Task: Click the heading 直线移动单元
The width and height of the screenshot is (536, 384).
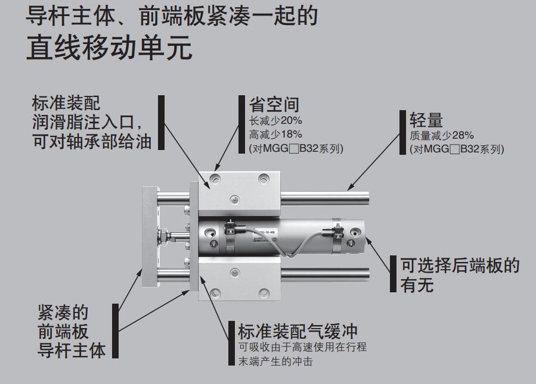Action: click(109, 48)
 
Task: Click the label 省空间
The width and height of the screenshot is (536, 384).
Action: click(274, 104)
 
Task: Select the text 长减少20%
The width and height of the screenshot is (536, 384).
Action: click(275, 120)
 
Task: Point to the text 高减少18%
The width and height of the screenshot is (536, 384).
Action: click(275, 135)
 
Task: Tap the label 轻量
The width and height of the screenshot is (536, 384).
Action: click(426, 120)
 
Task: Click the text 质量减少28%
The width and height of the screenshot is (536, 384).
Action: click(442, 136)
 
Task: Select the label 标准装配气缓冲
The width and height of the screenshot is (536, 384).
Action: click(298, 331)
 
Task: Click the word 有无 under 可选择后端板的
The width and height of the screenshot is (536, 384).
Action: click(417, 285)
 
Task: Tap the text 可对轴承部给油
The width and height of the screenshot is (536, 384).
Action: click(92, 141)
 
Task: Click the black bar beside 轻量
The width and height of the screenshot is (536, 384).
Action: click(402, 132)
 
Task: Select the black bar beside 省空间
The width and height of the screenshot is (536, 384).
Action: click(241, 124)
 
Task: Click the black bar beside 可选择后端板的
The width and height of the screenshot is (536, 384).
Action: click(393, 274)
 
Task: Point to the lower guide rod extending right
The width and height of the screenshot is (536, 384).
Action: click(325, 274)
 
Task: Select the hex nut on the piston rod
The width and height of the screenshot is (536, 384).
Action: click(165, 236)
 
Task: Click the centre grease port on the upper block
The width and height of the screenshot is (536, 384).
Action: click(234, 199)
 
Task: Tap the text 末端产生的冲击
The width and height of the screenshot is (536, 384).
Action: click(275, 361)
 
